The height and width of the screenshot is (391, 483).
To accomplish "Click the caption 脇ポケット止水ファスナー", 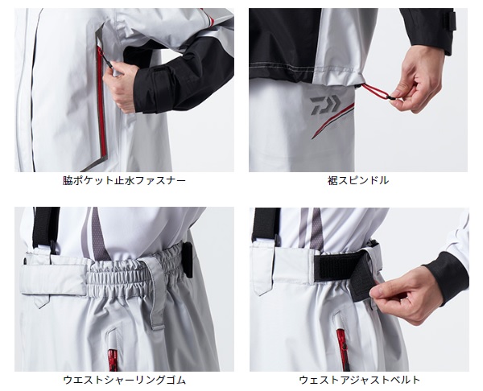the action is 124,180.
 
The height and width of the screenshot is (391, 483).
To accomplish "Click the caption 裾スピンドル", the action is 358,180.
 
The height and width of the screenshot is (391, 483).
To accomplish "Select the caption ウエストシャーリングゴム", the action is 125,380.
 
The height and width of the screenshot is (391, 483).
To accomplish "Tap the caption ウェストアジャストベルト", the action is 360,380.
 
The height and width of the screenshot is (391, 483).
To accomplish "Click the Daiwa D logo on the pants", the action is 325,105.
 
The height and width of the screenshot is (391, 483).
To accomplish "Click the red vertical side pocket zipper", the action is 101,101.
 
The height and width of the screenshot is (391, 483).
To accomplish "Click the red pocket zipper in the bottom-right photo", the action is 342,347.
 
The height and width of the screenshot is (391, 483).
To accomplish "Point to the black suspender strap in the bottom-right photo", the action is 266,224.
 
